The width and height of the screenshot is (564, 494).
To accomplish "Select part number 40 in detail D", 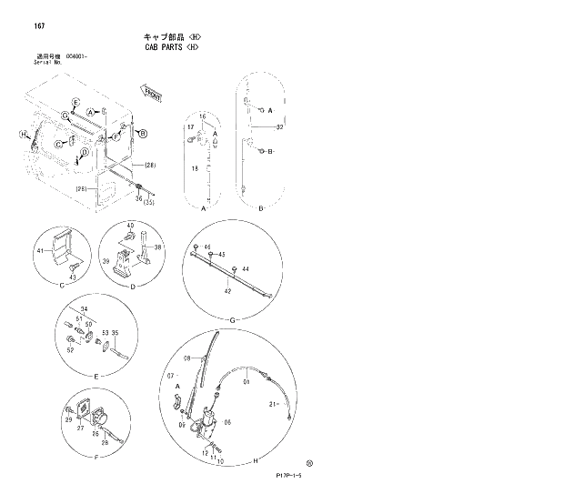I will coord(130,226).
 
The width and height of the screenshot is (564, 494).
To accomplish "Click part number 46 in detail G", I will coord(206,247).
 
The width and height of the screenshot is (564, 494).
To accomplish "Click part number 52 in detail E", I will coord(69,350).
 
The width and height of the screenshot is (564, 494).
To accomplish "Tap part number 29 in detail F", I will coord(68,418).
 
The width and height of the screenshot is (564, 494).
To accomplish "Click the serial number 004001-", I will coord(79,56).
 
